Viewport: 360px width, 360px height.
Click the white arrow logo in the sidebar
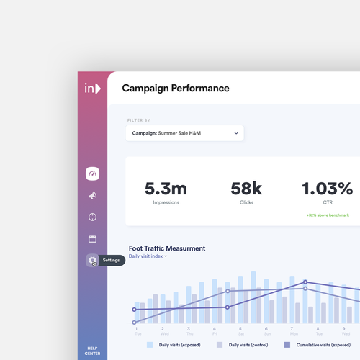[92, 89]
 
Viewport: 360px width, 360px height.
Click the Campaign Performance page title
[175, 89]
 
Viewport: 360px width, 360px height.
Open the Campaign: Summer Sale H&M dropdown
[184, 133]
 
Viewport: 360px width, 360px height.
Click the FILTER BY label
[139, 120]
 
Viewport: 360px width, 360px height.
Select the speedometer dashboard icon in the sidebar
[92, 174]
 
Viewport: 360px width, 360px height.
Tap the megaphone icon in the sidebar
[92, 195]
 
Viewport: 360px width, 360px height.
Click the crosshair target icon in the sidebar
[92, 217]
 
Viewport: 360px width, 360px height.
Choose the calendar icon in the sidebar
[92, 238]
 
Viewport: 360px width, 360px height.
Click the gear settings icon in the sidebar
[92, 261]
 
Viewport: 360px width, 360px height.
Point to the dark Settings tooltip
[112, 260]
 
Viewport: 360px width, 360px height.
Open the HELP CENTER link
[92, 351]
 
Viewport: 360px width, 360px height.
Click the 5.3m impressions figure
[166, 189]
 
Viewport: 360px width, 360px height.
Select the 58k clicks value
[246, 189]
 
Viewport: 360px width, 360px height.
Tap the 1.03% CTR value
[326, 189]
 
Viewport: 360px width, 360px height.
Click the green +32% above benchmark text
[328, 215]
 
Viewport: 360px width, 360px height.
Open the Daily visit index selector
[148, 256]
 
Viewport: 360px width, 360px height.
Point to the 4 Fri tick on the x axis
[214, 330]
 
